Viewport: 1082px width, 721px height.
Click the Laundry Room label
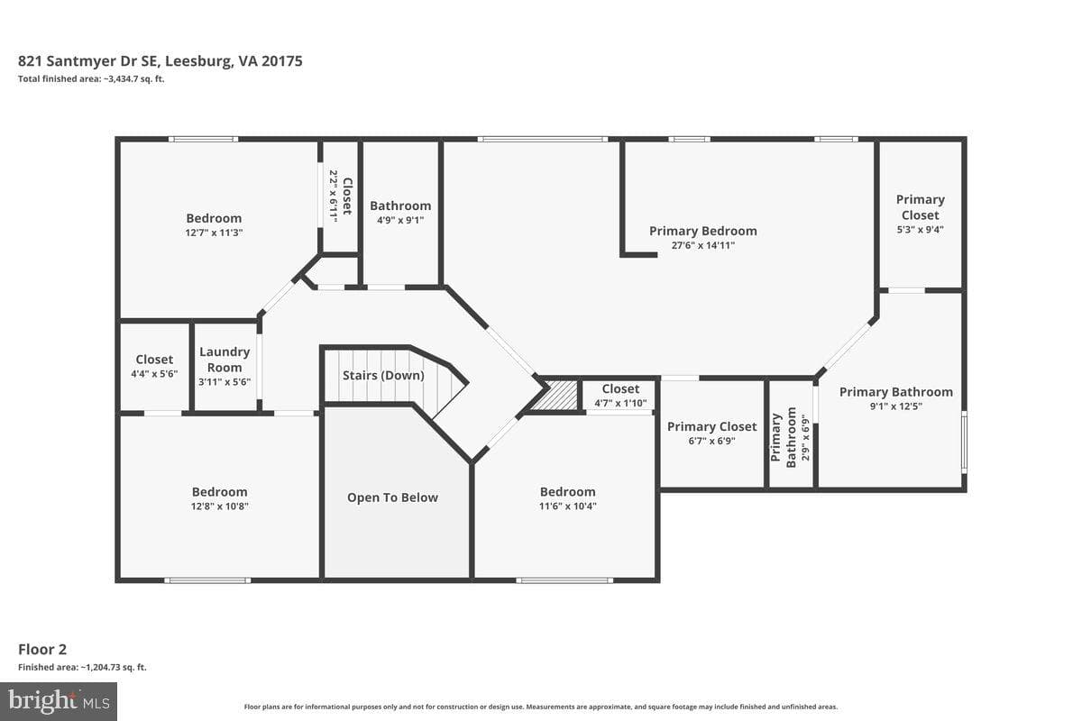225,360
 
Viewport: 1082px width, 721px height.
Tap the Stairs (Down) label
383,375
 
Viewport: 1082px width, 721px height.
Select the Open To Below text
393,497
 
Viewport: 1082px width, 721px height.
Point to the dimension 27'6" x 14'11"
702,245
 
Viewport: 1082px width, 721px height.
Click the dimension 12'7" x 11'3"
214,233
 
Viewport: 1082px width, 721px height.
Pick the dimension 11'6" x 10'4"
568,507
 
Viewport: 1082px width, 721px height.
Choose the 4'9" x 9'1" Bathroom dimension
400,220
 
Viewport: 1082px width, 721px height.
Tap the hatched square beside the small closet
555,396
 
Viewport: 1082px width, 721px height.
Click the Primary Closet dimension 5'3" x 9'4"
921,230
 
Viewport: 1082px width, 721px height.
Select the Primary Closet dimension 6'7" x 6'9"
712,441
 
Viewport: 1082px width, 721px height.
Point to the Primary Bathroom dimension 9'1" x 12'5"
896,406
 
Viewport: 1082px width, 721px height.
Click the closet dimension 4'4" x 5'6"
154,374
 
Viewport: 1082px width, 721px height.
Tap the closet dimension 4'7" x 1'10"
620,403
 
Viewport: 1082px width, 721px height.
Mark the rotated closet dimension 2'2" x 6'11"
334,196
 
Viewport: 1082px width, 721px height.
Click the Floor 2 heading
42,650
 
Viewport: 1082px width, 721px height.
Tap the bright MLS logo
59,701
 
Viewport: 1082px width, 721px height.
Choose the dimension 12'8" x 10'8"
220,507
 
